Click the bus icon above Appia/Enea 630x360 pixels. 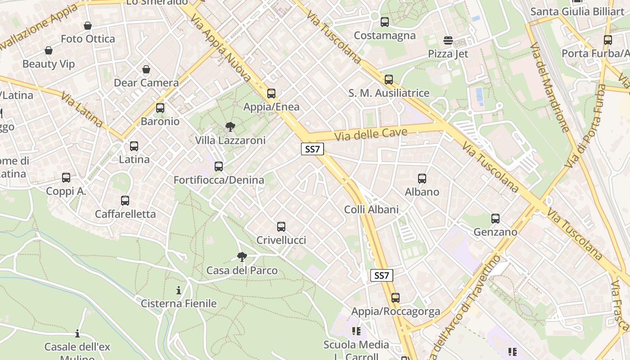(271, 94)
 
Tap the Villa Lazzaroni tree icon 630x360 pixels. (230, 127)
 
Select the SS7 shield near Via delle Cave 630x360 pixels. (312, 149)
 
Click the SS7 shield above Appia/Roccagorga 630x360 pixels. (382, 275)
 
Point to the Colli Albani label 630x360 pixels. (371, 209)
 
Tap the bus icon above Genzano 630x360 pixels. (495, 219)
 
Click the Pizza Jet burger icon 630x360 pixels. (448, 40)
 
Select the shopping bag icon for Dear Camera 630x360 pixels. (146, 69)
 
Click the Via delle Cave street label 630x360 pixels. (371, 134)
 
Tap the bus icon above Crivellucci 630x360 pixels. (281, 227)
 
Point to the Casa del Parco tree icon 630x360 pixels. (242, 257)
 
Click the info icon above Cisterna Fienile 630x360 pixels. (179, 290)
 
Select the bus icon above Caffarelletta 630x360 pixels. (125, 201)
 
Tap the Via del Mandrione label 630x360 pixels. (549, 88)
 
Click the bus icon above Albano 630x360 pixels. (422, 179)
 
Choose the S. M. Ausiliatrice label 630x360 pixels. (389, 93)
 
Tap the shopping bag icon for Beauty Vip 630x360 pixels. (48, 50)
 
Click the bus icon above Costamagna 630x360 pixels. (384, 22)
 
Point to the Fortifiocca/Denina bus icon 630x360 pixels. (219, 166)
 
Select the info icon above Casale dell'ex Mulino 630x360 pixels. (77, 333)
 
